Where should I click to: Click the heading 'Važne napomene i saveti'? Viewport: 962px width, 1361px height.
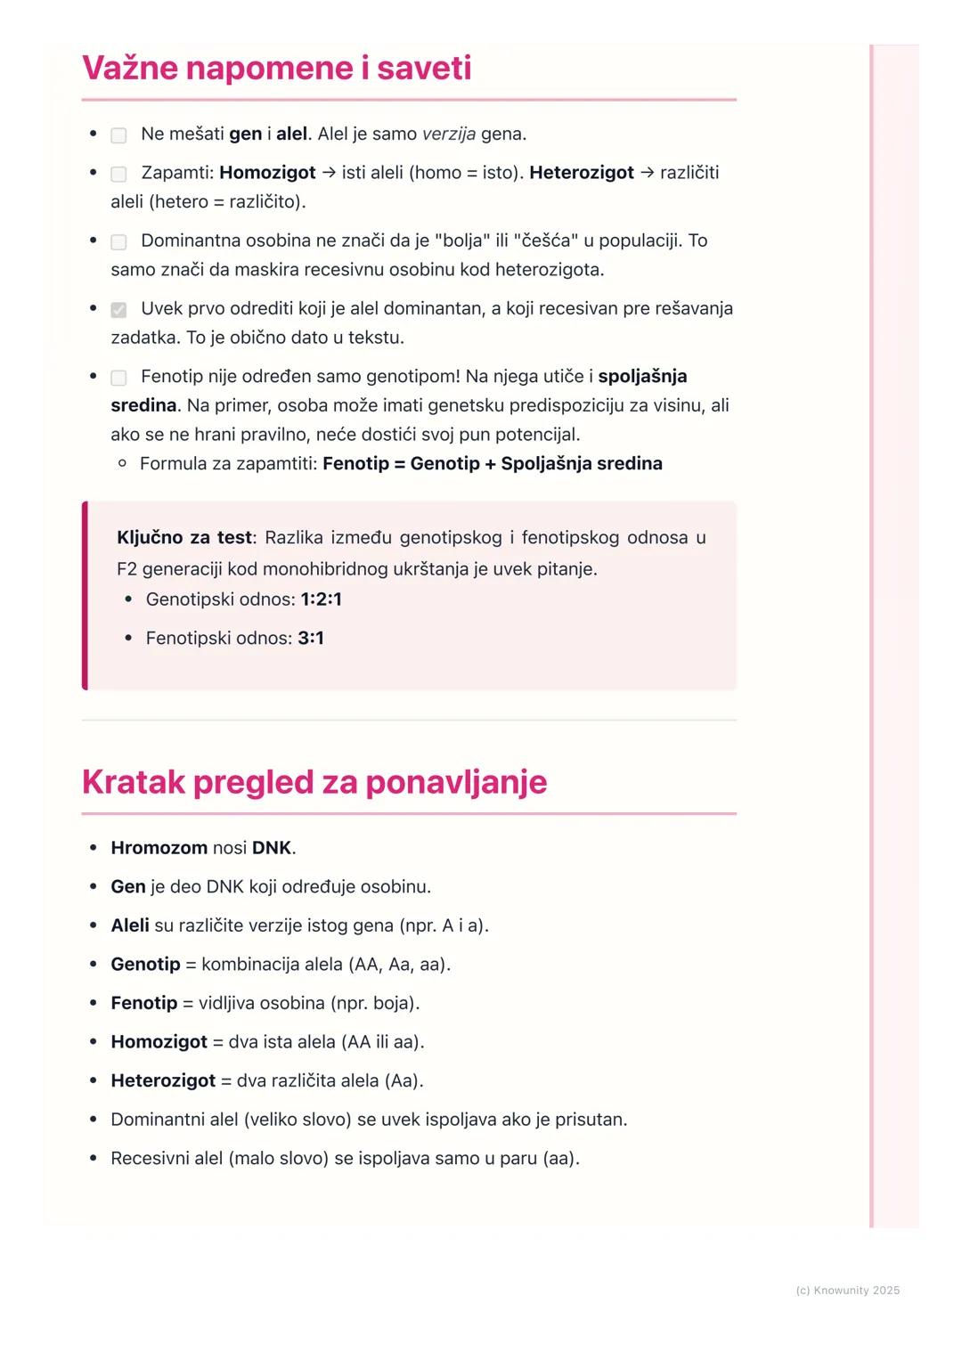(x=276, y=69)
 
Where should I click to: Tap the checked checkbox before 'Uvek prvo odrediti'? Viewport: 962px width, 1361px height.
(x=118, y=310)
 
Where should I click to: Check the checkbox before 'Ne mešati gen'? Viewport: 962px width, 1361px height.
(x=118, y=135)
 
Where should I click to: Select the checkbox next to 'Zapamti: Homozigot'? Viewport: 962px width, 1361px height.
(x=118, y=174)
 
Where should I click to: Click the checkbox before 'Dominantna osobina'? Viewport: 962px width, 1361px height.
(x=118, y=241)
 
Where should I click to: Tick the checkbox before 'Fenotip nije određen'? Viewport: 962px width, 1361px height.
(x=118, y=378)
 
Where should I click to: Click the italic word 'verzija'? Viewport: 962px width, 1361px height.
(x=448, y=134)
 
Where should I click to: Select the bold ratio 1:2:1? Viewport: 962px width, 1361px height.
(x=321, y=599)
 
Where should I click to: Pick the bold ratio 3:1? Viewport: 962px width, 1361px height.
(x=311, y=639)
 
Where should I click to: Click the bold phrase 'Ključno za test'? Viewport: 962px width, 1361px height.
(x=184, y=538)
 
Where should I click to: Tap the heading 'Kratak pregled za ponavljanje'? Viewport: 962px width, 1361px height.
(x=314, y=782)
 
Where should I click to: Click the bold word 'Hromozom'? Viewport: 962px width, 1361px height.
(x=159, y=848)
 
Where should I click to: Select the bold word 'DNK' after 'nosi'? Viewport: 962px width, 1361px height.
(x=271, y=848)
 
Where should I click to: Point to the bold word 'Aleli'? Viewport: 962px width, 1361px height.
(x=129, y=925)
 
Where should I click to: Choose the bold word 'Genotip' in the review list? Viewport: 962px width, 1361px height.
(x=145, y=965)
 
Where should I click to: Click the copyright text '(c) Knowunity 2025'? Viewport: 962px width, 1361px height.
(x=847, y=1291)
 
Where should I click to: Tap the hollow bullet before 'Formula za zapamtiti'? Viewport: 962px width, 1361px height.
(x=122, y=464)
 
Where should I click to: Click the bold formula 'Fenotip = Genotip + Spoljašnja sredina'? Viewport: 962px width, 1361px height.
(x=492, y=464)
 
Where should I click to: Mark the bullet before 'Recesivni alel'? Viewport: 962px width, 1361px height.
(x=93, y=1159)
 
